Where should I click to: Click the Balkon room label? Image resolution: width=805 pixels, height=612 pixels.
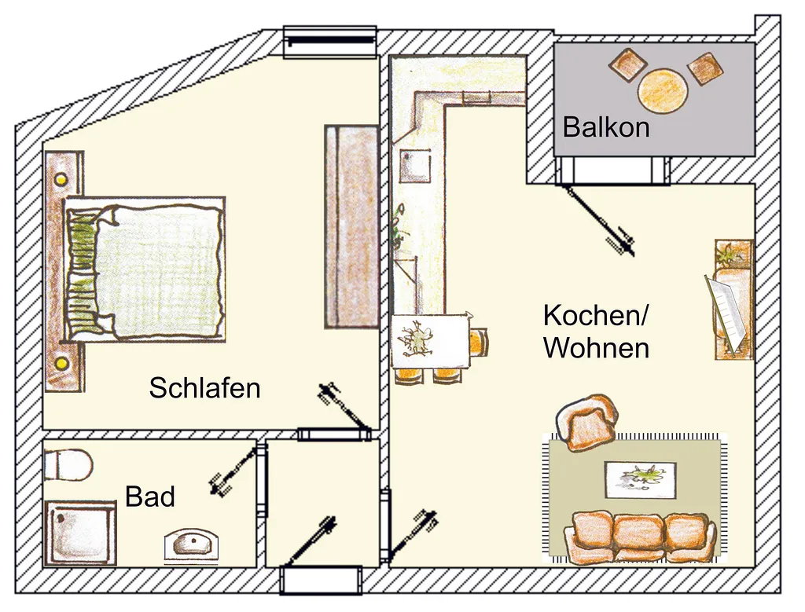606,126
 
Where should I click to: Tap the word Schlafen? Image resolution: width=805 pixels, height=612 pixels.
205,388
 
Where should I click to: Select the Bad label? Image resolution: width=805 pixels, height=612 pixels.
150,496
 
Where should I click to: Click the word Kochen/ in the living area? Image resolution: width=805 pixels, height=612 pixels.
596,315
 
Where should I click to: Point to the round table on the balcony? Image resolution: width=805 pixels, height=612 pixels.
662,91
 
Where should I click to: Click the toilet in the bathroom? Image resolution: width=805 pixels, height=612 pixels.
68,465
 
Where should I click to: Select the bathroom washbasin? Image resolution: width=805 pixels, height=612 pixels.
191,546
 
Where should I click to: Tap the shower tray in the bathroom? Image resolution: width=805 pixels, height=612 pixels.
79,533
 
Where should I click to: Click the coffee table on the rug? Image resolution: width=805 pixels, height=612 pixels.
640,480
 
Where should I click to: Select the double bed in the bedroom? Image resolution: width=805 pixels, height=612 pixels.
145,269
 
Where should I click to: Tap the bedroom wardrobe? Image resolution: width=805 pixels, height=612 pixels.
351,226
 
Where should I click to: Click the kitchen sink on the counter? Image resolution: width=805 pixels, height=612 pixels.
415,165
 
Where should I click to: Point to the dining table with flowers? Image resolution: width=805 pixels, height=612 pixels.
430,341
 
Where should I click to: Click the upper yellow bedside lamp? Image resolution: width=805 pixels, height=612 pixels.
61,180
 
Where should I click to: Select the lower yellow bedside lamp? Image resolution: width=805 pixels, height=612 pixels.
61,363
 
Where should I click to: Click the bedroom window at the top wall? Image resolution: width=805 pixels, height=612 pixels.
331,41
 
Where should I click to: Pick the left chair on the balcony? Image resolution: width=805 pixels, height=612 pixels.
627,64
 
